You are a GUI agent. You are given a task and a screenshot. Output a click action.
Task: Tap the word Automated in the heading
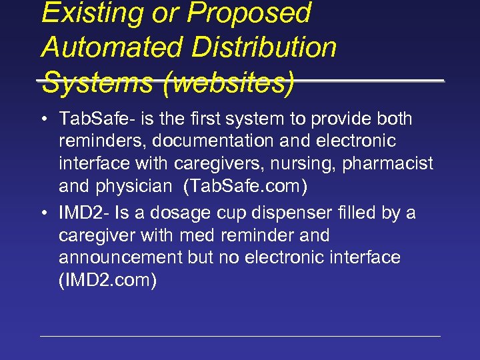click(110, 47)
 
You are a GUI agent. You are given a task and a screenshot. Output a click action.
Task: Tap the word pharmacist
click(387, 163)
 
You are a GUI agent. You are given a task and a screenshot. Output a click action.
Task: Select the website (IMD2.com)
click(108, 280)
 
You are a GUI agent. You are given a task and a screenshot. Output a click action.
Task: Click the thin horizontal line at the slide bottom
click(240, 336)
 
